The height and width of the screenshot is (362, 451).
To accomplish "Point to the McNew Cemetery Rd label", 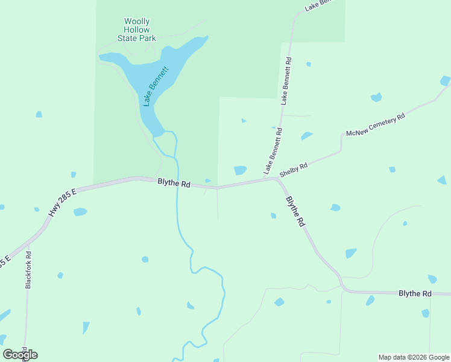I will [x=374, y=125].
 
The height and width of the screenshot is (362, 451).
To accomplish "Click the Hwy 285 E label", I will [x=63, y=202].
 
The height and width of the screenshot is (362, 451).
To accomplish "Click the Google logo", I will [x=20, y=354].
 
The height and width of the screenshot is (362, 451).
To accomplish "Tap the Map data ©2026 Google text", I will [x=414, y=357].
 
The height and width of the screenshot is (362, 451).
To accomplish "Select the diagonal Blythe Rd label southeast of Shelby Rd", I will [x=295, y=211].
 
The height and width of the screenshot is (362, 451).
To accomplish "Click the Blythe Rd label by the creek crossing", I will [x=174, y=183].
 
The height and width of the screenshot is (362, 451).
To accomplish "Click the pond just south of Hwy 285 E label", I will [x=80, y=212].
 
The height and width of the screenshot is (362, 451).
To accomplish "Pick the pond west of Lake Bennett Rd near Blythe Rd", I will [x=240, y=170].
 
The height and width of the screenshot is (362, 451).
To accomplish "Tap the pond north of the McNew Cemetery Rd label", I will [x=376, y=97].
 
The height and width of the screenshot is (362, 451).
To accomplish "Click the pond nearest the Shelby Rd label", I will [x=306, y=136].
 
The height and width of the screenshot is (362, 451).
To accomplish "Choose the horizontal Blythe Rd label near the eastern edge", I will [x=415, y=293].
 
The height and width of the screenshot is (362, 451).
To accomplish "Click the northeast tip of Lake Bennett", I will [x=206, y=38].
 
